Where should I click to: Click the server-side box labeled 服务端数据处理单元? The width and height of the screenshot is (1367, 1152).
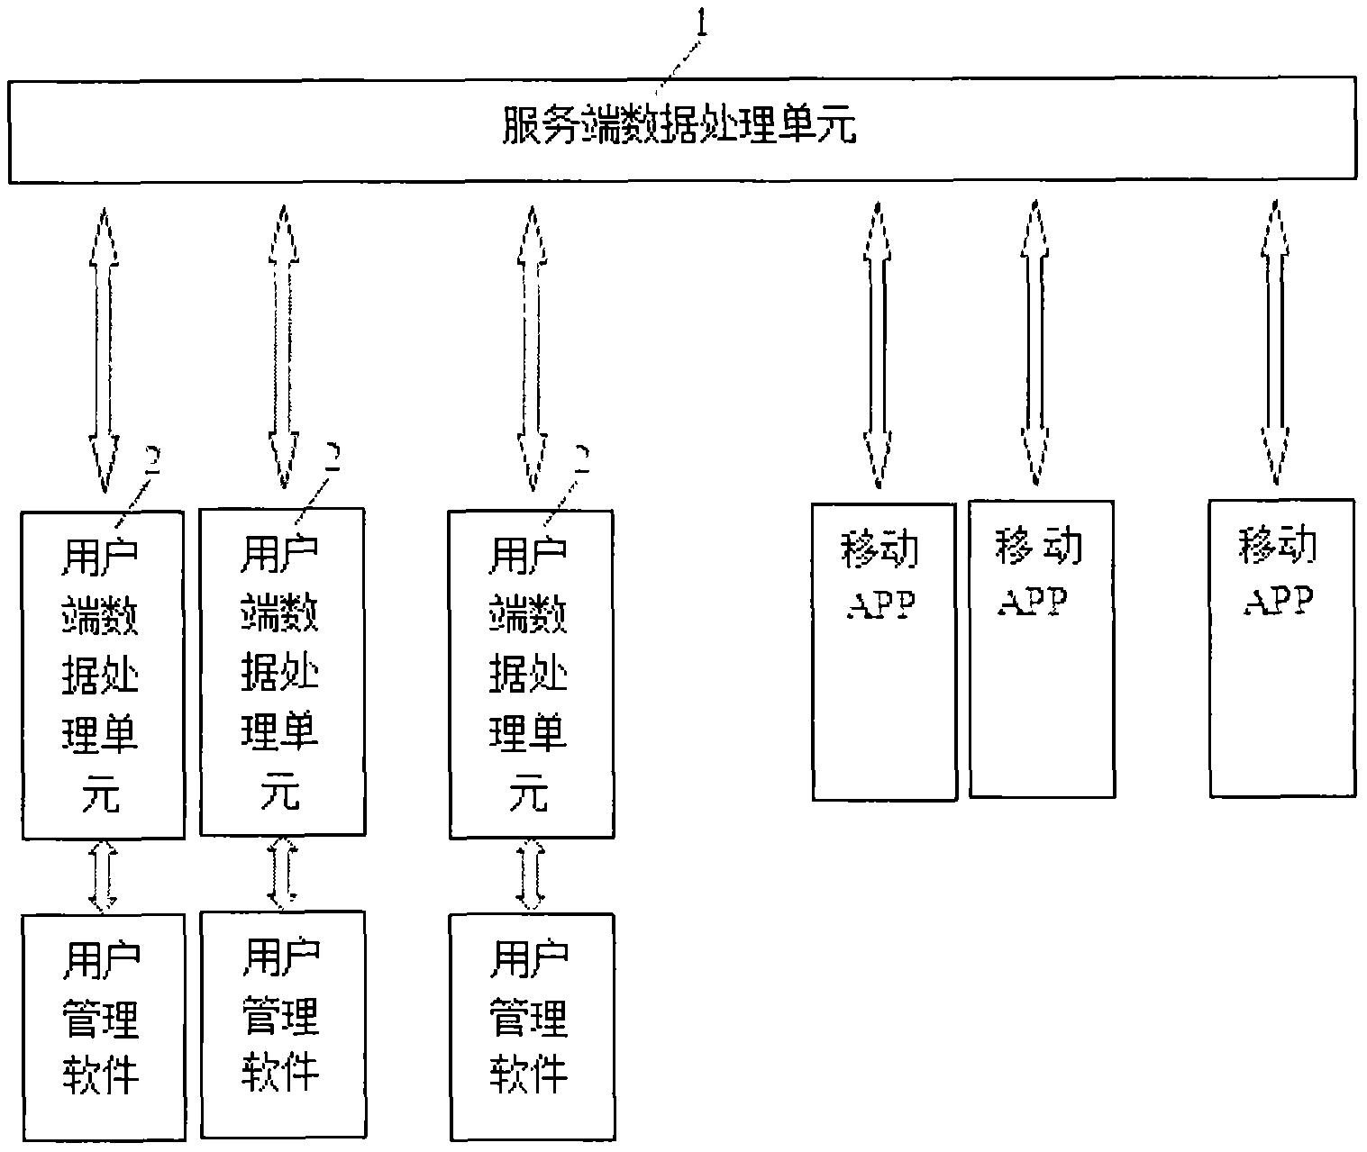[681, 129]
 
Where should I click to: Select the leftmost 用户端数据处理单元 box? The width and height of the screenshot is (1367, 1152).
[103, 675]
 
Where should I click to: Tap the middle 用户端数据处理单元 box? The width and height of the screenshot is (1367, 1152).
[282, 672]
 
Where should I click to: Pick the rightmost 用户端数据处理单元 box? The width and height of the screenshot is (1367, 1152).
[531, 675]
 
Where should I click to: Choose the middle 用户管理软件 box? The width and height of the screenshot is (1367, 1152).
[282, 1024]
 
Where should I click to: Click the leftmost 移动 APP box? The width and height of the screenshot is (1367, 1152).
[883, 651]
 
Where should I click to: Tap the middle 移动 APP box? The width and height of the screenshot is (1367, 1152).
[1041, 649]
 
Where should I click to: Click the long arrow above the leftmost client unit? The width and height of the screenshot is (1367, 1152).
[104, 349]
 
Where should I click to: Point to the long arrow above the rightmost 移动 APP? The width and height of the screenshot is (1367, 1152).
[1274, 342]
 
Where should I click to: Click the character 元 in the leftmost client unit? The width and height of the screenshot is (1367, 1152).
[101, 794]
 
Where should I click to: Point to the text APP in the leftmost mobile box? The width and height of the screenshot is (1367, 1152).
[881, 604]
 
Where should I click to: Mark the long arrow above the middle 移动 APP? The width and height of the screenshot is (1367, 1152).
[1034, 342]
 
